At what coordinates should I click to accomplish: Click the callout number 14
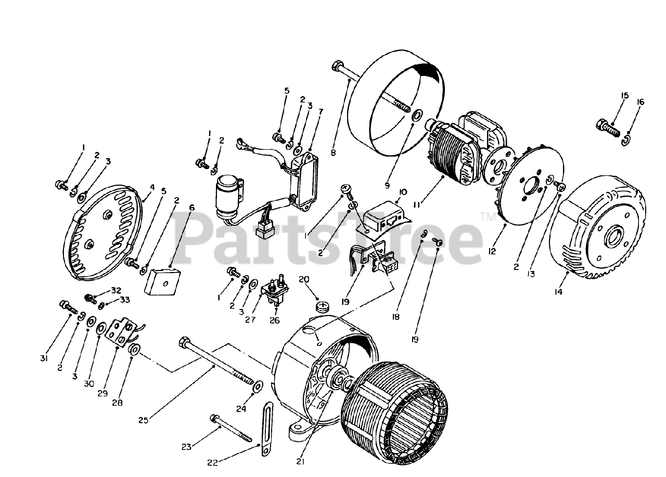[558, 292]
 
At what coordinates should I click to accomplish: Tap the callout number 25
[143, 420]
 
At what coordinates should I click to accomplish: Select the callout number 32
[116, 290]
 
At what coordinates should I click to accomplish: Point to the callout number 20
[304, 279]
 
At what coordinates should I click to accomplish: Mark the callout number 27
[250, 320]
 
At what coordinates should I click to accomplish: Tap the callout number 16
[640, 102]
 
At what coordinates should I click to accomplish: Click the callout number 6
[191, 208]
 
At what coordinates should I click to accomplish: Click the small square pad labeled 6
[163, 282]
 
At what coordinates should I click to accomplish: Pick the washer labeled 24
[258, 387]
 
